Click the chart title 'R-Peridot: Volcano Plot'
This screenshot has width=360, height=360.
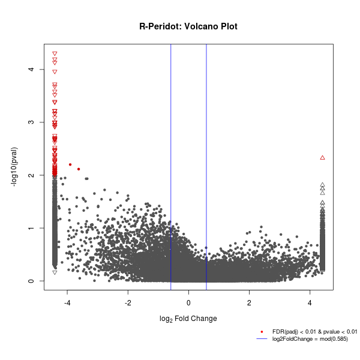click(188, 26)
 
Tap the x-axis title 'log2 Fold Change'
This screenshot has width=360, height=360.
click(188, 318)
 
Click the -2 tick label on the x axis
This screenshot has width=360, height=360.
click(128, 301)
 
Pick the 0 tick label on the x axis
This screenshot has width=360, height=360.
click(188, 301)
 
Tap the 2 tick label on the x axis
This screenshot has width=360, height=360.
click(249, 301)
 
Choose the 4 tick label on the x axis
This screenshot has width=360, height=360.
click(310, 301)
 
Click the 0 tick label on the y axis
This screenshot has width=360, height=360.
click(31, 281)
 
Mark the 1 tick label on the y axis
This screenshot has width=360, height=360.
click(31, 228)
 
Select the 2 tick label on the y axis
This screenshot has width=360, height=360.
click(31, 175)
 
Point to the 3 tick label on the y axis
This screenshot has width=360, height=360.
click(31, 122)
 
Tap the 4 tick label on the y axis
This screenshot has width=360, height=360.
click(31, 70)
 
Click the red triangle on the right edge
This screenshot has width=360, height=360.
click(322, 157)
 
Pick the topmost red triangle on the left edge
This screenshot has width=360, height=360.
click(55, 54)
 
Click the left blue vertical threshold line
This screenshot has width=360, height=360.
click(171, 150)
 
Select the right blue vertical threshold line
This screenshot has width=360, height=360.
click(206, 150)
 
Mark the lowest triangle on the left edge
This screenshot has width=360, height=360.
click(55, 272)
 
